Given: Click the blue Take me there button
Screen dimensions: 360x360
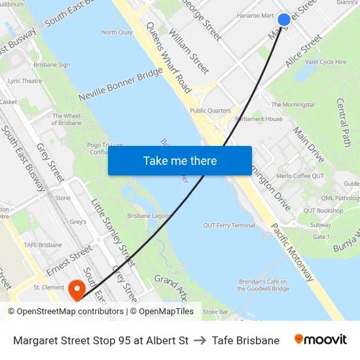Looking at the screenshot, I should (180, 160).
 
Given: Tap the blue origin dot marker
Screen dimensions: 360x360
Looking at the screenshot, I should (283, 20).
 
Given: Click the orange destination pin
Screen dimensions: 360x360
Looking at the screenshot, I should (77, 289).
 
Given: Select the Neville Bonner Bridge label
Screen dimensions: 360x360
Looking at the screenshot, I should (120, 84).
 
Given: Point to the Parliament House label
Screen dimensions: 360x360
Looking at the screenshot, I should (259, 119).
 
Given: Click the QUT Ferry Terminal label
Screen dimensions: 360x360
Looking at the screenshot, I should (229, 225).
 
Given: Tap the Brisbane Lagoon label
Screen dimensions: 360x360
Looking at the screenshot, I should (149, 215).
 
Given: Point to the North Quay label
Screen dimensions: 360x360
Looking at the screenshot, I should (117, 32).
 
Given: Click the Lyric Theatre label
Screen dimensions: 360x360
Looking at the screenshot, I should (25, 81).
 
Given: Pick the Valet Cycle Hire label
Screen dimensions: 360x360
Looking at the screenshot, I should (325, 62).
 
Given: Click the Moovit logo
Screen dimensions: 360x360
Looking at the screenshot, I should (320, 340).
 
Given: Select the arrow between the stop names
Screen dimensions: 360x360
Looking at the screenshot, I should (200, 340).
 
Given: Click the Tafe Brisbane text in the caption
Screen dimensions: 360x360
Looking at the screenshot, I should (245, 340).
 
